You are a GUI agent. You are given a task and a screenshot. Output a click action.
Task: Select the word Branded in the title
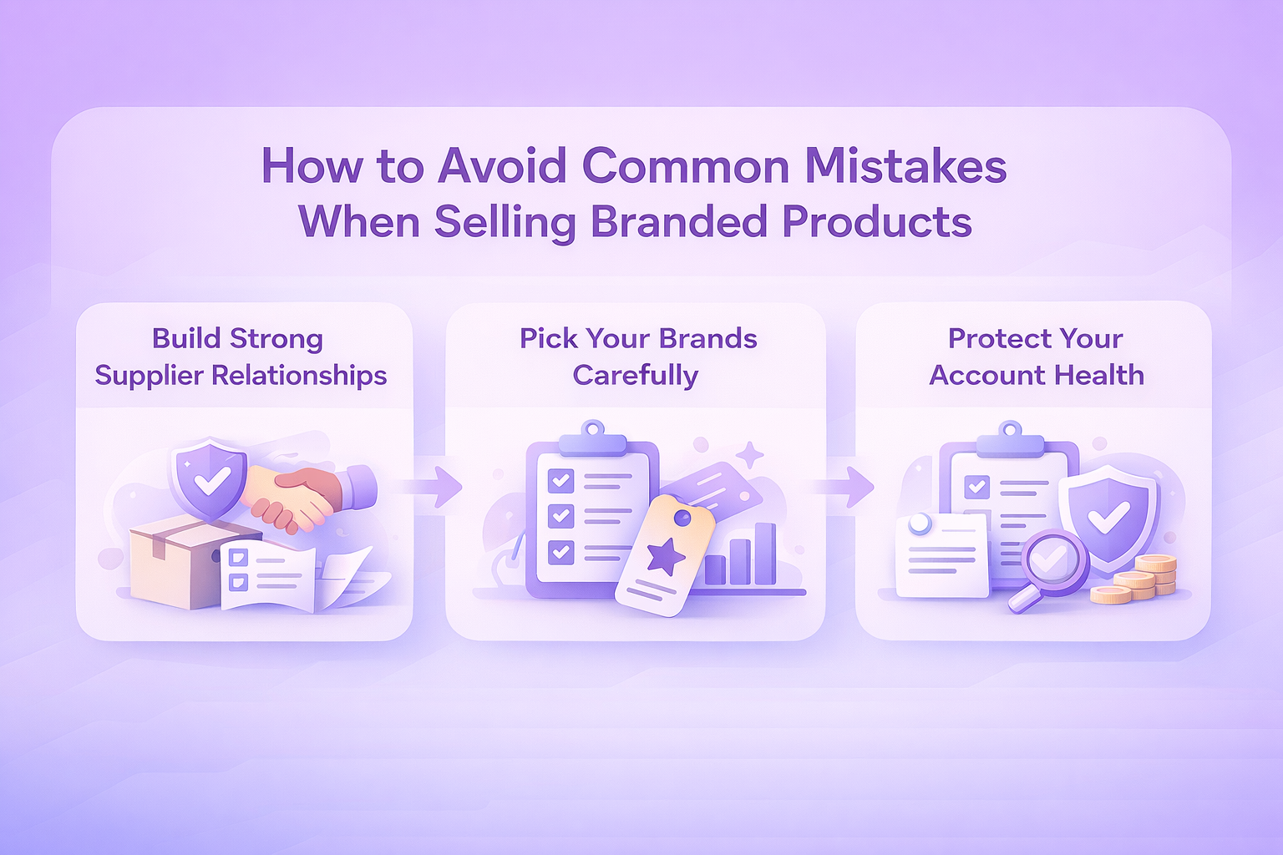coord(678,221)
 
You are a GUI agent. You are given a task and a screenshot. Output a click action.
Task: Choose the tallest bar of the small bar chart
coord(765,554)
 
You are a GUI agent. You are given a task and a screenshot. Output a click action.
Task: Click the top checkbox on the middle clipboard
coord(560,480)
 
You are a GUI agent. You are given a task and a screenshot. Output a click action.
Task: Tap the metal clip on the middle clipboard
coord(593,440)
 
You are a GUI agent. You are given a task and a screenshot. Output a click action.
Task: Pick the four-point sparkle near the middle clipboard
coord(749,456)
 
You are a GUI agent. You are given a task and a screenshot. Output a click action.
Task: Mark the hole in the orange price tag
coord(682,519)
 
